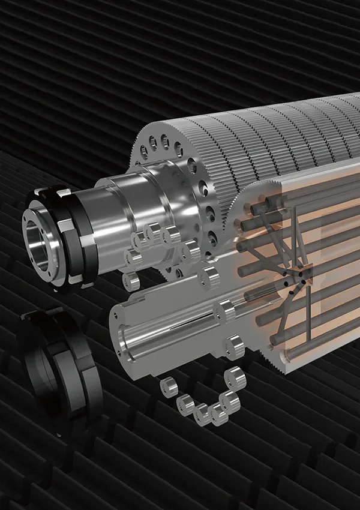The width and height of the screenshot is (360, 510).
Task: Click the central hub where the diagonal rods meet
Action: click(x=295, y=279)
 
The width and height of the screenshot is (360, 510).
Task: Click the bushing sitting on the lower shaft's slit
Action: click(x=226, y=310)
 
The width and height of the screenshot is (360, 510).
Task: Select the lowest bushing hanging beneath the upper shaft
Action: click(x=131, y=280)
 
